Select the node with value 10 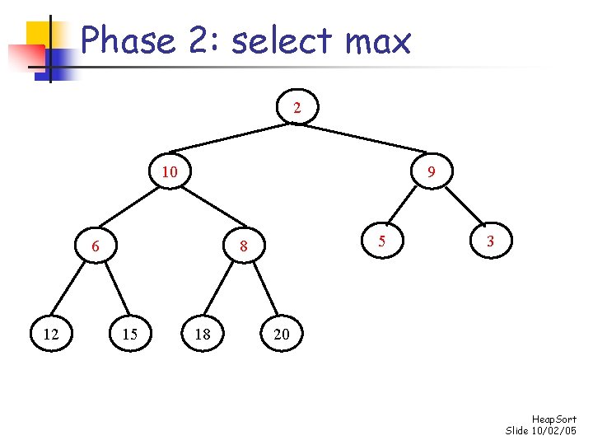(x=170, y=171)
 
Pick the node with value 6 (x=96, y=246)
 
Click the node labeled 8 (x=244, y=246)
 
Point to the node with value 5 (x=381, y=241)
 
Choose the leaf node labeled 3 (x=490, y=241)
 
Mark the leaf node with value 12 (x=51, y=334)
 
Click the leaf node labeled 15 (x=130, y=334)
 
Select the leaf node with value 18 (x=203, y=334)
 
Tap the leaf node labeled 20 (x=282, y=334)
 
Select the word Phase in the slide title (x=128, y=40)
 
